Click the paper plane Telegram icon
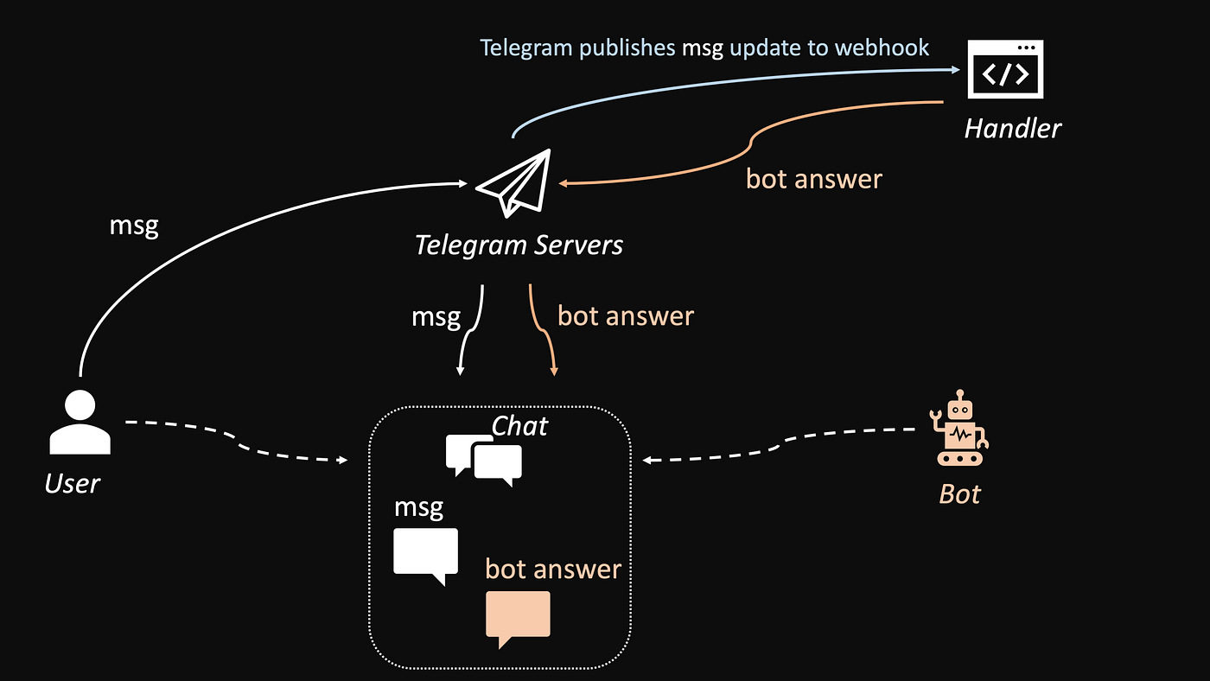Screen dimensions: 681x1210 pyautogui.click(x=514, y=183)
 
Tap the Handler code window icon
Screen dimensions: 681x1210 pyautogui.click(x=1005, y=69)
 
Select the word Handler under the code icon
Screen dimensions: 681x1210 pyautogui.click(x=1012, y=129)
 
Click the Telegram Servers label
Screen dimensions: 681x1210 pyautogui.click(x=519, y=245)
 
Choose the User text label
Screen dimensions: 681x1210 pyautogui.click(x=73, y=483)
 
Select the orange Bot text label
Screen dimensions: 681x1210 pyautogui.click(x=959, y=494)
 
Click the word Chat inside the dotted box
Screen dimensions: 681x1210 pyautogui.click(x=519, y=425)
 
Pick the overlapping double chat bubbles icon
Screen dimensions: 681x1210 pyautogui.click(x=484, y=459)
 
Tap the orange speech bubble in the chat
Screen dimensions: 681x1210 pyautogui.click(x=518, y=617)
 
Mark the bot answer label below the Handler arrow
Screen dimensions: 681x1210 pyautogui.click(x=814, y=179)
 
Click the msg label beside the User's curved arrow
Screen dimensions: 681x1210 pyautogui.click(x=134, y=226)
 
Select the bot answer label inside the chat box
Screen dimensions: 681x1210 pyautogui.click(x=553, y=569)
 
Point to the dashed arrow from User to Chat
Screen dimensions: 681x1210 pyautogui.click(x=233, y=442)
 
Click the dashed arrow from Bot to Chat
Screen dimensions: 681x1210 pyautogui.click(x=778, y=445)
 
